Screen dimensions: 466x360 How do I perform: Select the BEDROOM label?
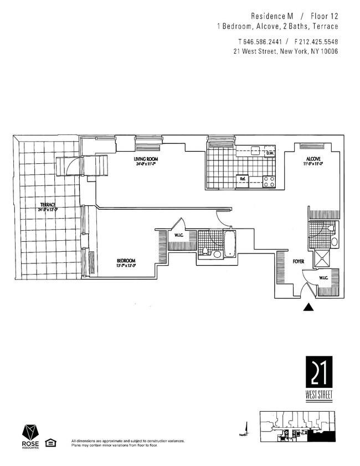(126, 261)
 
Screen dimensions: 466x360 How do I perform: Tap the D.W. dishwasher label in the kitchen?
(270, 153)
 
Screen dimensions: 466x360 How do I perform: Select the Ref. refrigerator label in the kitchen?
(242, 179)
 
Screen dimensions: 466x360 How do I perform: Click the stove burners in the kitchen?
(269, 179)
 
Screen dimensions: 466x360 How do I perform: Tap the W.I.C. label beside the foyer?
(324, 278)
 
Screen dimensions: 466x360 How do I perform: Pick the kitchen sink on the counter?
(255, 150)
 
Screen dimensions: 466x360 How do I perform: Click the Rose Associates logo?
(30, 436)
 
